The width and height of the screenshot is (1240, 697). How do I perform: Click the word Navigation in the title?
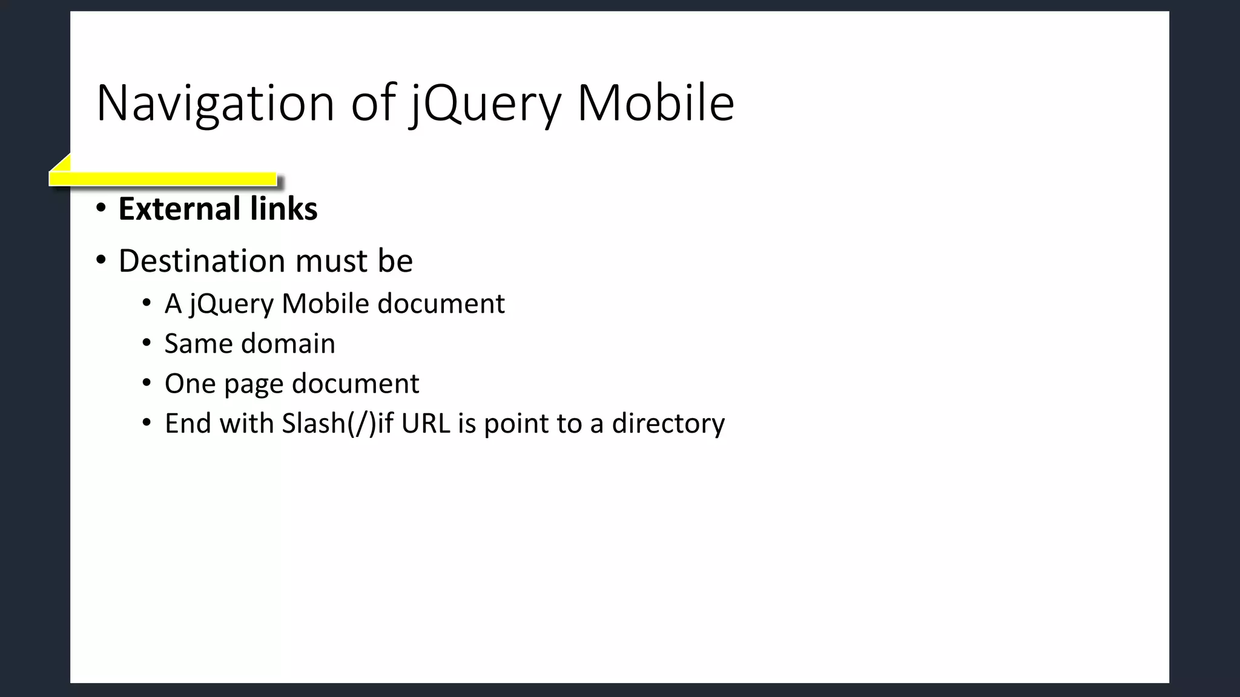coord(215,103)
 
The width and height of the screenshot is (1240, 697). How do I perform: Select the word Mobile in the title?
coord(656,103)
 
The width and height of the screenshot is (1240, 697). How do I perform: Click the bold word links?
coord(284,209)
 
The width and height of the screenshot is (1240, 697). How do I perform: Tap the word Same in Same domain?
coord(198,344)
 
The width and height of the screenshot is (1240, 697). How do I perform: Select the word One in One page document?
coord(190,384)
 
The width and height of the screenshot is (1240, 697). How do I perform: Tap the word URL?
coord(426,424)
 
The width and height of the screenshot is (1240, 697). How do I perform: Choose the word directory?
coord(668,424)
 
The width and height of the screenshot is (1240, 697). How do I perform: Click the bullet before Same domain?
coord(147,344)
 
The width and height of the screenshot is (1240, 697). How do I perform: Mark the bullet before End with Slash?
coord(147,424)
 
